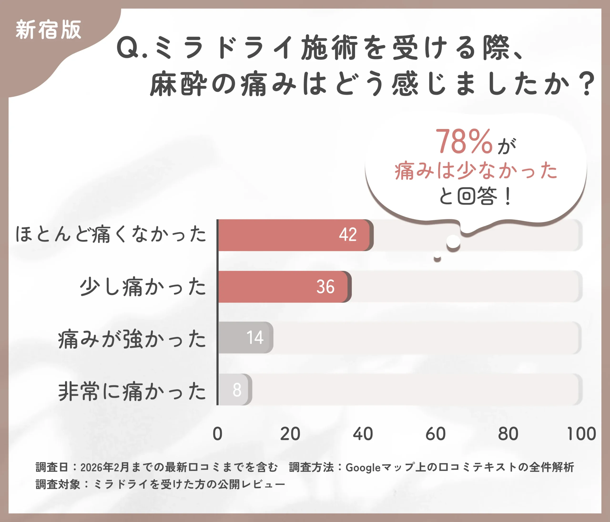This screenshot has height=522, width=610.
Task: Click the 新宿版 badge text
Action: pos(48,30)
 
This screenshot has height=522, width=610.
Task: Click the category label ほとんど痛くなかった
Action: pos(111,234)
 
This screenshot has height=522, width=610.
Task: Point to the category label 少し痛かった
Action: pos(143,287)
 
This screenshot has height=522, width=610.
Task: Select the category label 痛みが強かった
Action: pos(132,339)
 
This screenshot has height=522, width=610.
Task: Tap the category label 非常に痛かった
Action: pos(132,391)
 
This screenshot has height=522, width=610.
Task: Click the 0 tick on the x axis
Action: pos(218,434)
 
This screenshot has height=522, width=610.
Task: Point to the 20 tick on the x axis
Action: pos(290,434)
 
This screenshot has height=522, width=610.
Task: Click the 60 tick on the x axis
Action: pos(435,434)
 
